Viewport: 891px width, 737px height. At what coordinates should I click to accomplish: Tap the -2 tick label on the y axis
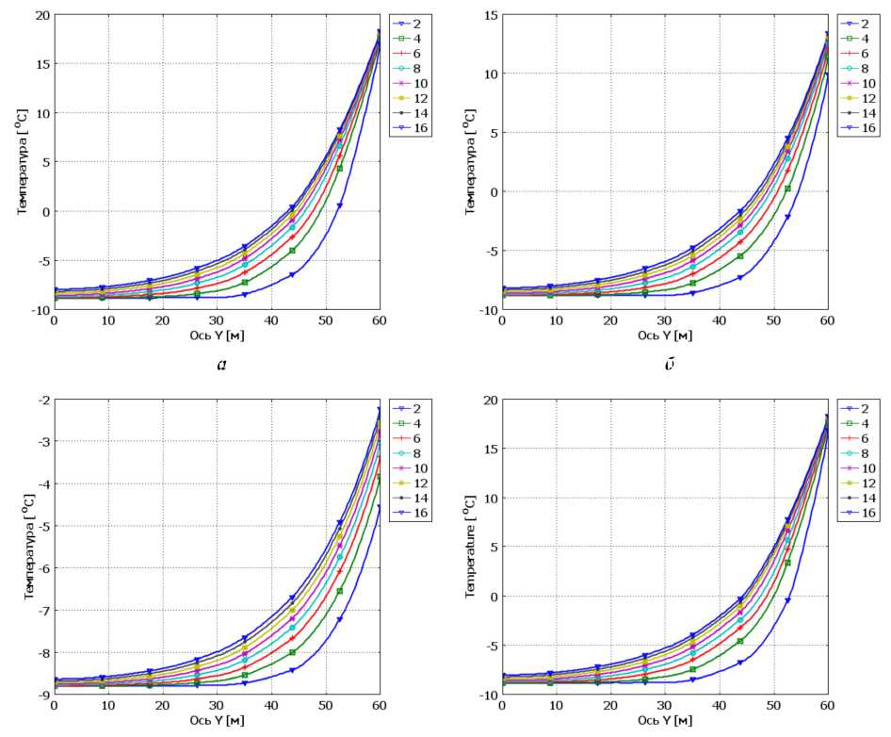(x=40, y=401)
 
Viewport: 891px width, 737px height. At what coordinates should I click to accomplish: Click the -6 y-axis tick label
(x=40, y=568)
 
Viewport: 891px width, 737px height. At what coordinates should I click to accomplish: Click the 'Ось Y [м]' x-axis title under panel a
(x=219, y=336)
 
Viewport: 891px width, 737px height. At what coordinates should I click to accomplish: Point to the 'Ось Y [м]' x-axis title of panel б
(x=666, y=336)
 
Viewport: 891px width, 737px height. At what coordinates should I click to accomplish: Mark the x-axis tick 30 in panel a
(x=217, y=321)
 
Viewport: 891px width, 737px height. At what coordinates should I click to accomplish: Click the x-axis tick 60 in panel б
(x=826, y=321)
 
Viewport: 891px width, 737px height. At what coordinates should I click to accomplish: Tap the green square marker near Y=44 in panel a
(x=293, y=251)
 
